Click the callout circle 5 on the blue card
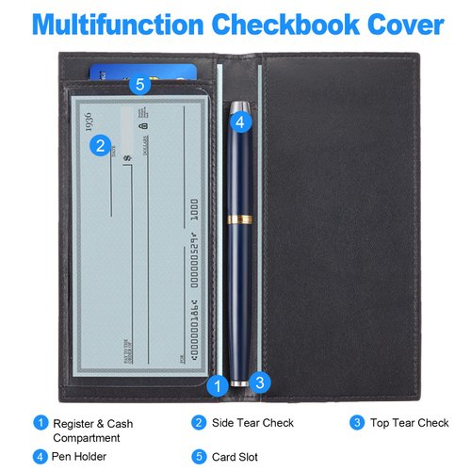coord(139,85)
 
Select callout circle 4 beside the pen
coord(239,122)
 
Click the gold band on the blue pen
coord(241,219)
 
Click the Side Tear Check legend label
coord(252,424)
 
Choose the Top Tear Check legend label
coord(409,424)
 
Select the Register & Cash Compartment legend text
coord(92,430)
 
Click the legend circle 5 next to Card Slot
coord(199,457)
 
